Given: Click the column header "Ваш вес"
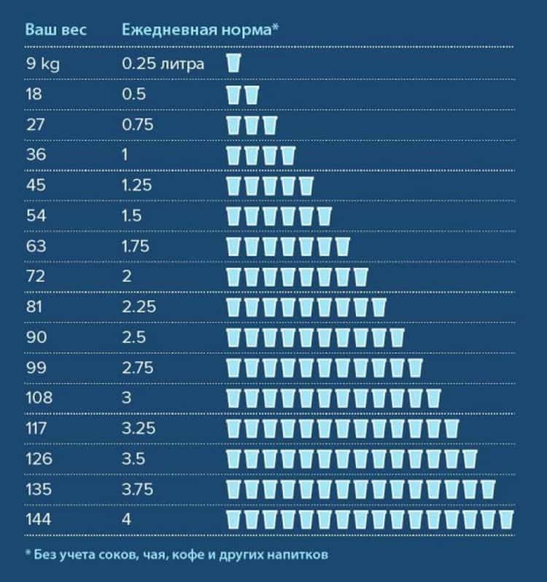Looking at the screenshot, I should coord(56,30).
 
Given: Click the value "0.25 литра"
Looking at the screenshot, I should coord(163,63).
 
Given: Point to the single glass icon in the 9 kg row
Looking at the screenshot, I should coord(233,63).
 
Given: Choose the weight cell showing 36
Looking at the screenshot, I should coord(36,154).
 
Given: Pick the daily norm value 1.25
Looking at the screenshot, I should coord(137,185).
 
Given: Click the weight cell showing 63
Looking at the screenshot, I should coord(36,246).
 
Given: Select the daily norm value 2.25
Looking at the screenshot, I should coord(139,307).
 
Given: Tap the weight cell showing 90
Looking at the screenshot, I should coord(36,337).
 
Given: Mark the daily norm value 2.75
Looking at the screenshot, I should coord(139,368).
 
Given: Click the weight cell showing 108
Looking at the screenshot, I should coord(39,398).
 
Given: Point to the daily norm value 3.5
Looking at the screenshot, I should coord(134,459).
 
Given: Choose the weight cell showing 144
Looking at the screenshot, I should coord(39,520).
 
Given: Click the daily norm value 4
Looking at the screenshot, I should coord(127,520).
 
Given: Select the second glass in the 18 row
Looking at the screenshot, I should coord(252,95).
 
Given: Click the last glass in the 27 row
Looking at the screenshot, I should coord(270,125).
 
